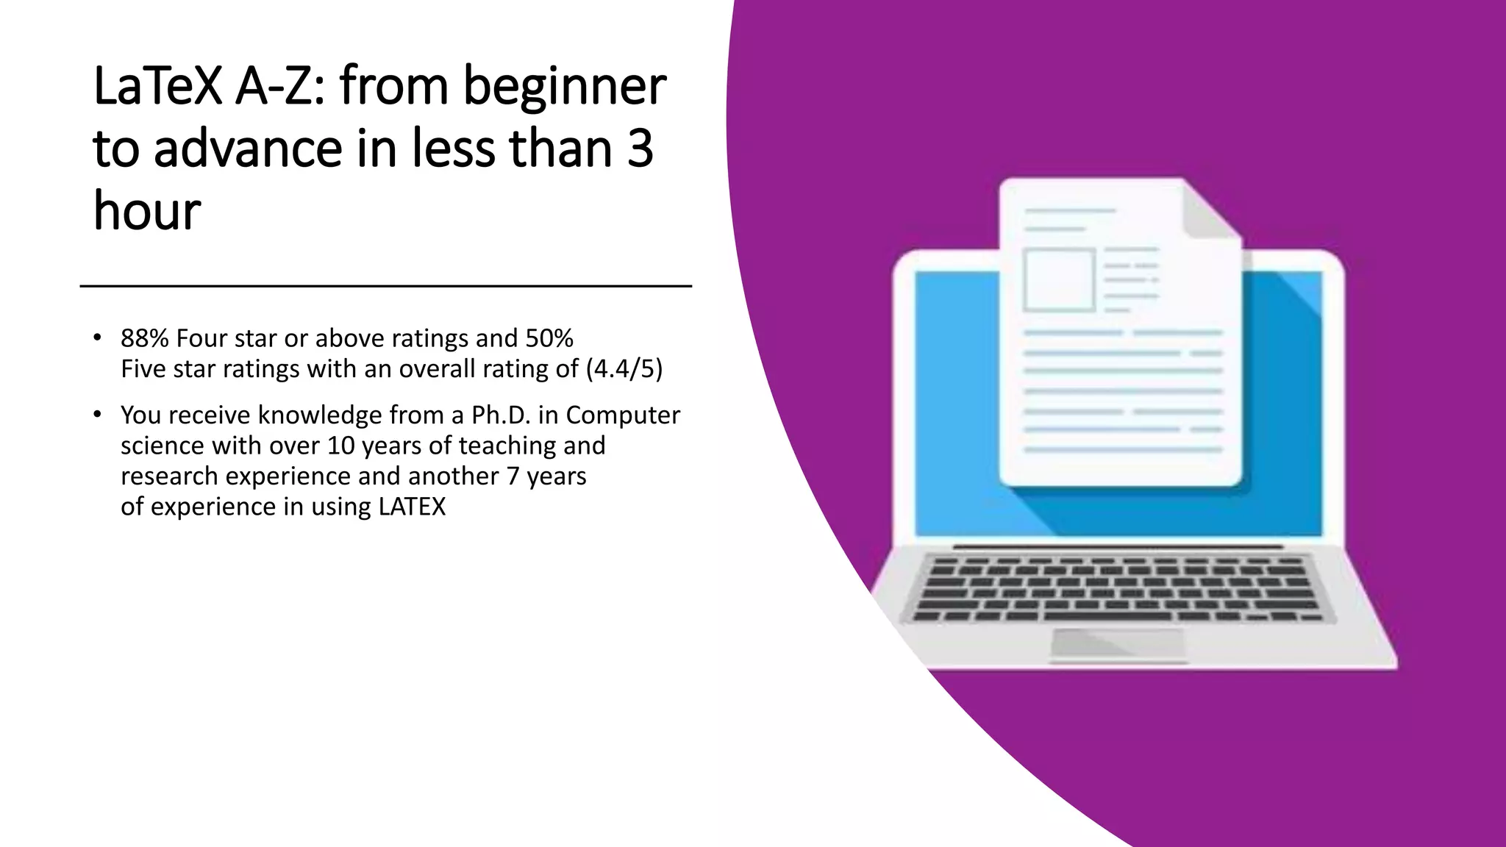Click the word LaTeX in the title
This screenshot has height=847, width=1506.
(x=157, y=86)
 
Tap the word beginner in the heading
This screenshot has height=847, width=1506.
(x=564, y=86)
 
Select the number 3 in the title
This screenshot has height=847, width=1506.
(x=640, y=148)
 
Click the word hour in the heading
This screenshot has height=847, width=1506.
(x=147, y=211)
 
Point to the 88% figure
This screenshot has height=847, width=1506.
(x=145, y=338)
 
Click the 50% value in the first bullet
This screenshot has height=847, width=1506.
(x=549, y=338)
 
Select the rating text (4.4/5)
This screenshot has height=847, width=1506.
(x=624, y=368)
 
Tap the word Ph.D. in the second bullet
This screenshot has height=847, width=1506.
(x=501, y=415)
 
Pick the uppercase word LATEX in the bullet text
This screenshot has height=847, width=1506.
(x=412, y=507)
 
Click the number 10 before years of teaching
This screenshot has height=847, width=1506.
(x=340, y=446)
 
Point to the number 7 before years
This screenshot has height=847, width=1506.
(x=513, y=476)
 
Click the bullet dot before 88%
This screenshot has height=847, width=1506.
(x=97, y=337)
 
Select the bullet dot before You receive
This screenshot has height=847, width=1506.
(x=97, y=415)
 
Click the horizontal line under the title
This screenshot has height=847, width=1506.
(x=385, y=286)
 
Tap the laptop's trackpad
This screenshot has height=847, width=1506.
(x=1118, y=643)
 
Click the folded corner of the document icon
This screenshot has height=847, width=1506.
(x=1210, y=210)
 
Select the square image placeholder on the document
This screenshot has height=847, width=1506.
(x=1059, y=280)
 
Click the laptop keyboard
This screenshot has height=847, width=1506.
(x=1118, y=588)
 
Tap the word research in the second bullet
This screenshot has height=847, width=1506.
(x=170, y=476)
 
